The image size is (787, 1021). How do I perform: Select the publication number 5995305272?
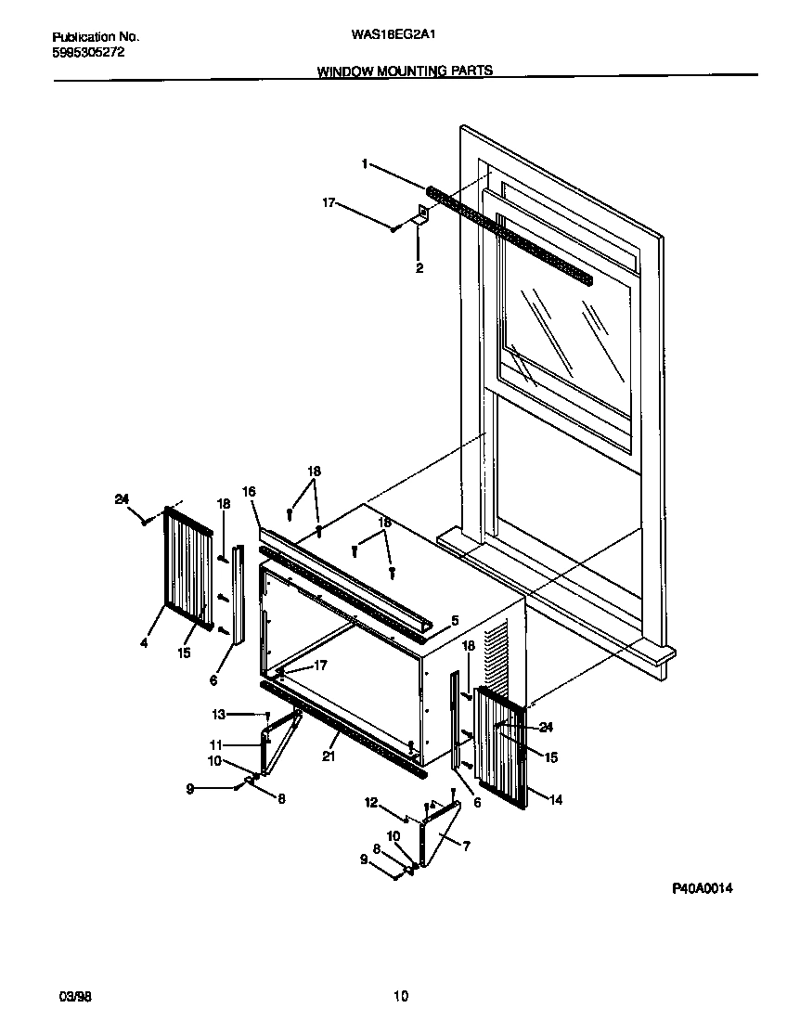point(89,52)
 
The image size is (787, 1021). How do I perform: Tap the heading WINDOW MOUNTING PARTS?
point(405,71)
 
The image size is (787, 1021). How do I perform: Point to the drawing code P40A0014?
point(703,888)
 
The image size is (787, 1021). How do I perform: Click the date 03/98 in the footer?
point(75,997)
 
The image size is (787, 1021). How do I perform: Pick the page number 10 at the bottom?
point(400,997)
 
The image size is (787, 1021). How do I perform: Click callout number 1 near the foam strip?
point(365,164)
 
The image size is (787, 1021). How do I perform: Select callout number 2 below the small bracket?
point(419,268)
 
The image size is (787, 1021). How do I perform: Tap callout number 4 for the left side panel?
point(144,640)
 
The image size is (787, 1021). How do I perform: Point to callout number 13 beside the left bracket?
point(218,714)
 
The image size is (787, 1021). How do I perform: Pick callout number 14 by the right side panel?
point(555,799)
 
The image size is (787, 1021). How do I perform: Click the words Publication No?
point(96,36)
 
